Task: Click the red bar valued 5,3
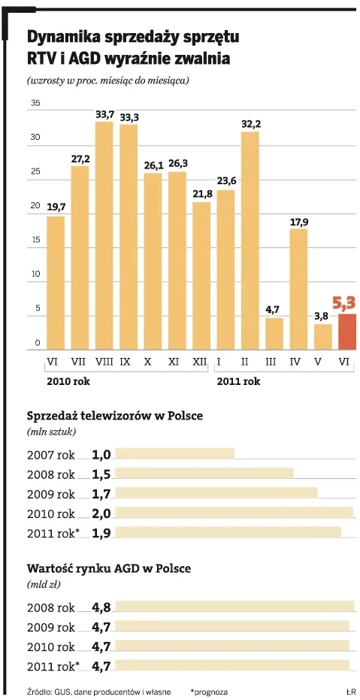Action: pyautogui.click(x=346, y=332)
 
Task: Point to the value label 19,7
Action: pyautogui.click(x=56, y=206)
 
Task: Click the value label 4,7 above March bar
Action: pyautogui.click(x=274, y=308)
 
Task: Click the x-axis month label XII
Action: pyautogui.click(x=200, y=362)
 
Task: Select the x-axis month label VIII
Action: pyautogui.click(x=104, y=362)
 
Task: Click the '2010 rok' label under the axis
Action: pyautogui.click(x=68, y=381)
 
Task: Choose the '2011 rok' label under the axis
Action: pyautogui.click(x=238, y=381)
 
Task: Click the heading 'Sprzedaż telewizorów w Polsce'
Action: pyautogui.click(x=115, y=416)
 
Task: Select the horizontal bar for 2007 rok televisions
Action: pyautogui.click(x=174, y=453)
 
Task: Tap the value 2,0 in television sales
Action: pyautogui.click(x=101, y=514)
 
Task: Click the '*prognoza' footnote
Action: pyautogui.click(x=209, y=691)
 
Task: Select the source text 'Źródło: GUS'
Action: pyautogui.click(x=50, y=691)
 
